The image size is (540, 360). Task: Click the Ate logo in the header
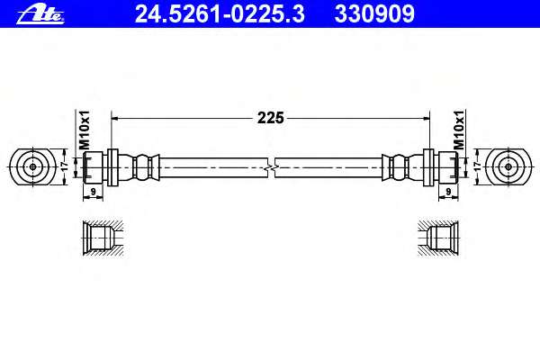[40, 14]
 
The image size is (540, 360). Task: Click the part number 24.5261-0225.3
[220, 14]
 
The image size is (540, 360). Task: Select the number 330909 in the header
[374, 14]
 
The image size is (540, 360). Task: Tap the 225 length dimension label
[271, 118]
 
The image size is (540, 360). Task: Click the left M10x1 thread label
[85, 130]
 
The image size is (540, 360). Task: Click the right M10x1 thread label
[459, 130]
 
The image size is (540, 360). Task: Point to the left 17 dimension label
[65, 166]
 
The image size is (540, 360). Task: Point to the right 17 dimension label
[478, 166]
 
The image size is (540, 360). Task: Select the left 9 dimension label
[93, 191]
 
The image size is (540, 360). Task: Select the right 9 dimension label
[448, 191]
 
